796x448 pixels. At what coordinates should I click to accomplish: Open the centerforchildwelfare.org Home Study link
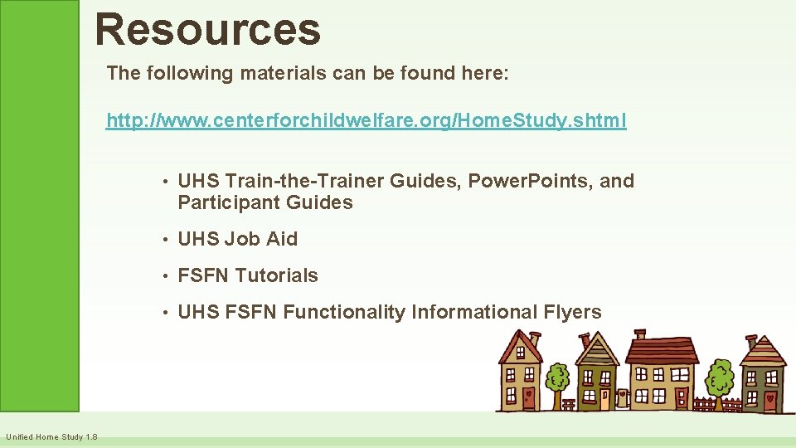click(366, 121)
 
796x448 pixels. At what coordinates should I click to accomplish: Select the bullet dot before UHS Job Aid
click(167, 240)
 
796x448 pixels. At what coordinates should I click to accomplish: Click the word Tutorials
click(276, 275)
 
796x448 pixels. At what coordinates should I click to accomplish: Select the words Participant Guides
click(265, 202)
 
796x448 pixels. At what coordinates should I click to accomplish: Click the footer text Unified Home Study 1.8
click(51, 437)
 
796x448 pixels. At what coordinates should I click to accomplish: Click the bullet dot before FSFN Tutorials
click(167, 276)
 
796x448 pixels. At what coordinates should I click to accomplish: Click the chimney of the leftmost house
click(533, 338)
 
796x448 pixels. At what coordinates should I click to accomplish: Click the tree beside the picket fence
click(719, 378)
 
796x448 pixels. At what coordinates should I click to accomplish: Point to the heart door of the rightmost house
click(770, 399)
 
